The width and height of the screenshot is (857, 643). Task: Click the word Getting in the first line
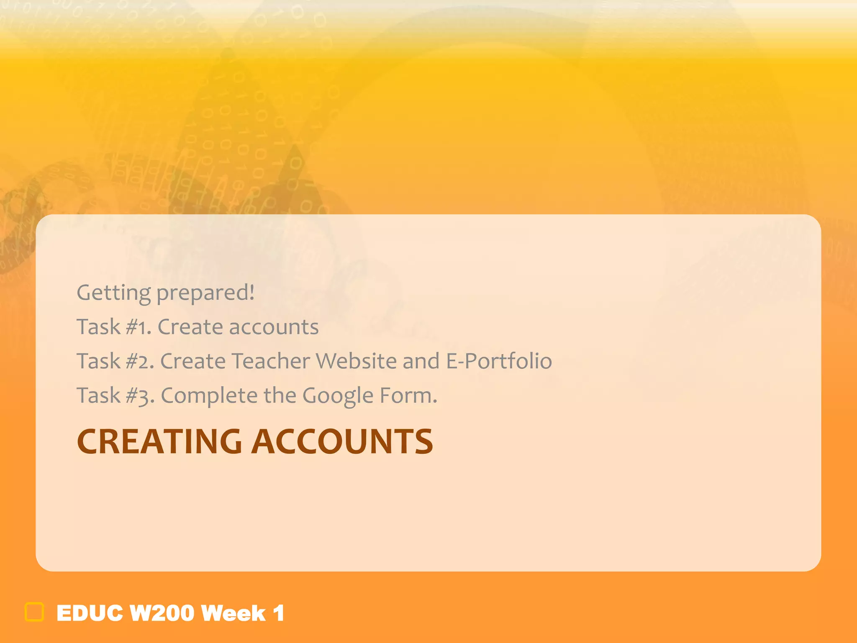113,293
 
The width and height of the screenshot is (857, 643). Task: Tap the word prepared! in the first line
205,293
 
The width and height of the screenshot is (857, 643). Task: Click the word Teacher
270,361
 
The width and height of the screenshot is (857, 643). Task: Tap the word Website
356,361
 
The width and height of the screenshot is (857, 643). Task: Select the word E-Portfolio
499,361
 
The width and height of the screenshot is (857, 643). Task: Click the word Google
337,396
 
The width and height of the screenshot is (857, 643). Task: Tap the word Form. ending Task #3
408,396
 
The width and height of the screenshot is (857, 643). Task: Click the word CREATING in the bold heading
159,442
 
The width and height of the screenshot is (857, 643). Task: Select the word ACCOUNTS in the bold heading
342,442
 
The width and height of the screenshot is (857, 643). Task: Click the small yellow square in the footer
34,612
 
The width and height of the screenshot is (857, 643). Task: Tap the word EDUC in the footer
90,613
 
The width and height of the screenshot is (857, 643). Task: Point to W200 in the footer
162,613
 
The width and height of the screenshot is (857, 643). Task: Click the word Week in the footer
233,613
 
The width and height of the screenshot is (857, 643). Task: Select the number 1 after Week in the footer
279,613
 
